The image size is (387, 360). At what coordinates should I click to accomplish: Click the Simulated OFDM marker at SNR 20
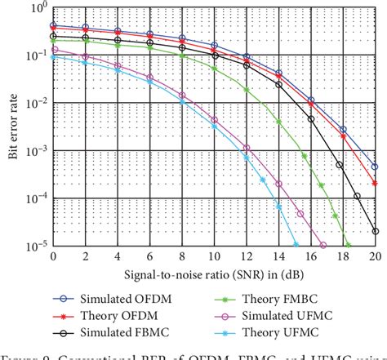pos(375,167)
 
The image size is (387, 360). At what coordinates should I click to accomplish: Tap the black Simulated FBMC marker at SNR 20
pos(375,231)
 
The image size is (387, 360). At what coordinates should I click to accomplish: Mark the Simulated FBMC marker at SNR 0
pos(54,37)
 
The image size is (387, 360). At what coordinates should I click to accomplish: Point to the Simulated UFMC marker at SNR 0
pos(54,50)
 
